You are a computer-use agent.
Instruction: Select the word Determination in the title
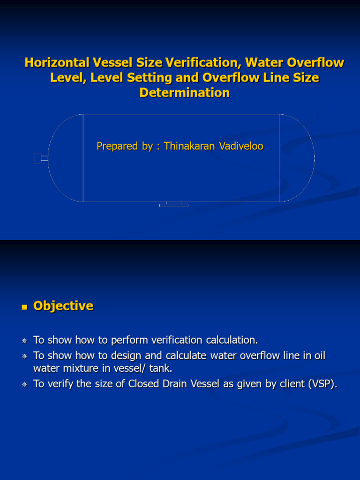pos(185,93)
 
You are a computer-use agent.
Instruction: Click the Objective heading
pos(63,306)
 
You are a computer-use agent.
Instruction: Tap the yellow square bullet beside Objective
pos(24,307)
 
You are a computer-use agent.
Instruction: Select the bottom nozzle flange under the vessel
pos(174,205)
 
